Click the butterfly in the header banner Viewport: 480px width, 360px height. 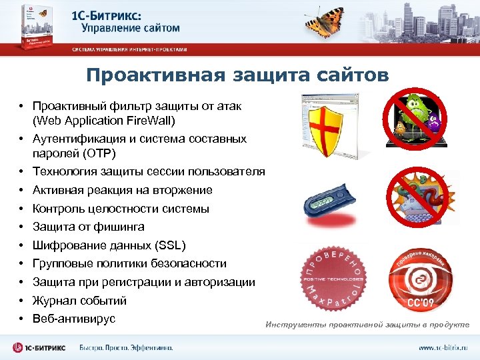coord(327,23)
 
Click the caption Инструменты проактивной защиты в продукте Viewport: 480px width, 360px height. coord(367,325)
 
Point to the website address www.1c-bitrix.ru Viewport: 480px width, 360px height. coord(443,348)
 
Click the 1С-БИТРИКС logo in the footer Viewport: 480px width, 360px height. coord(41,347)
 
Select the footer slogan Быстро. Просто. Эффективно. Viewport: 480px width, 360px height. coord(126,348)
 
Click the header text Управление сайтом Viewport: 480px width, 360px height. coord(131,29)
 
